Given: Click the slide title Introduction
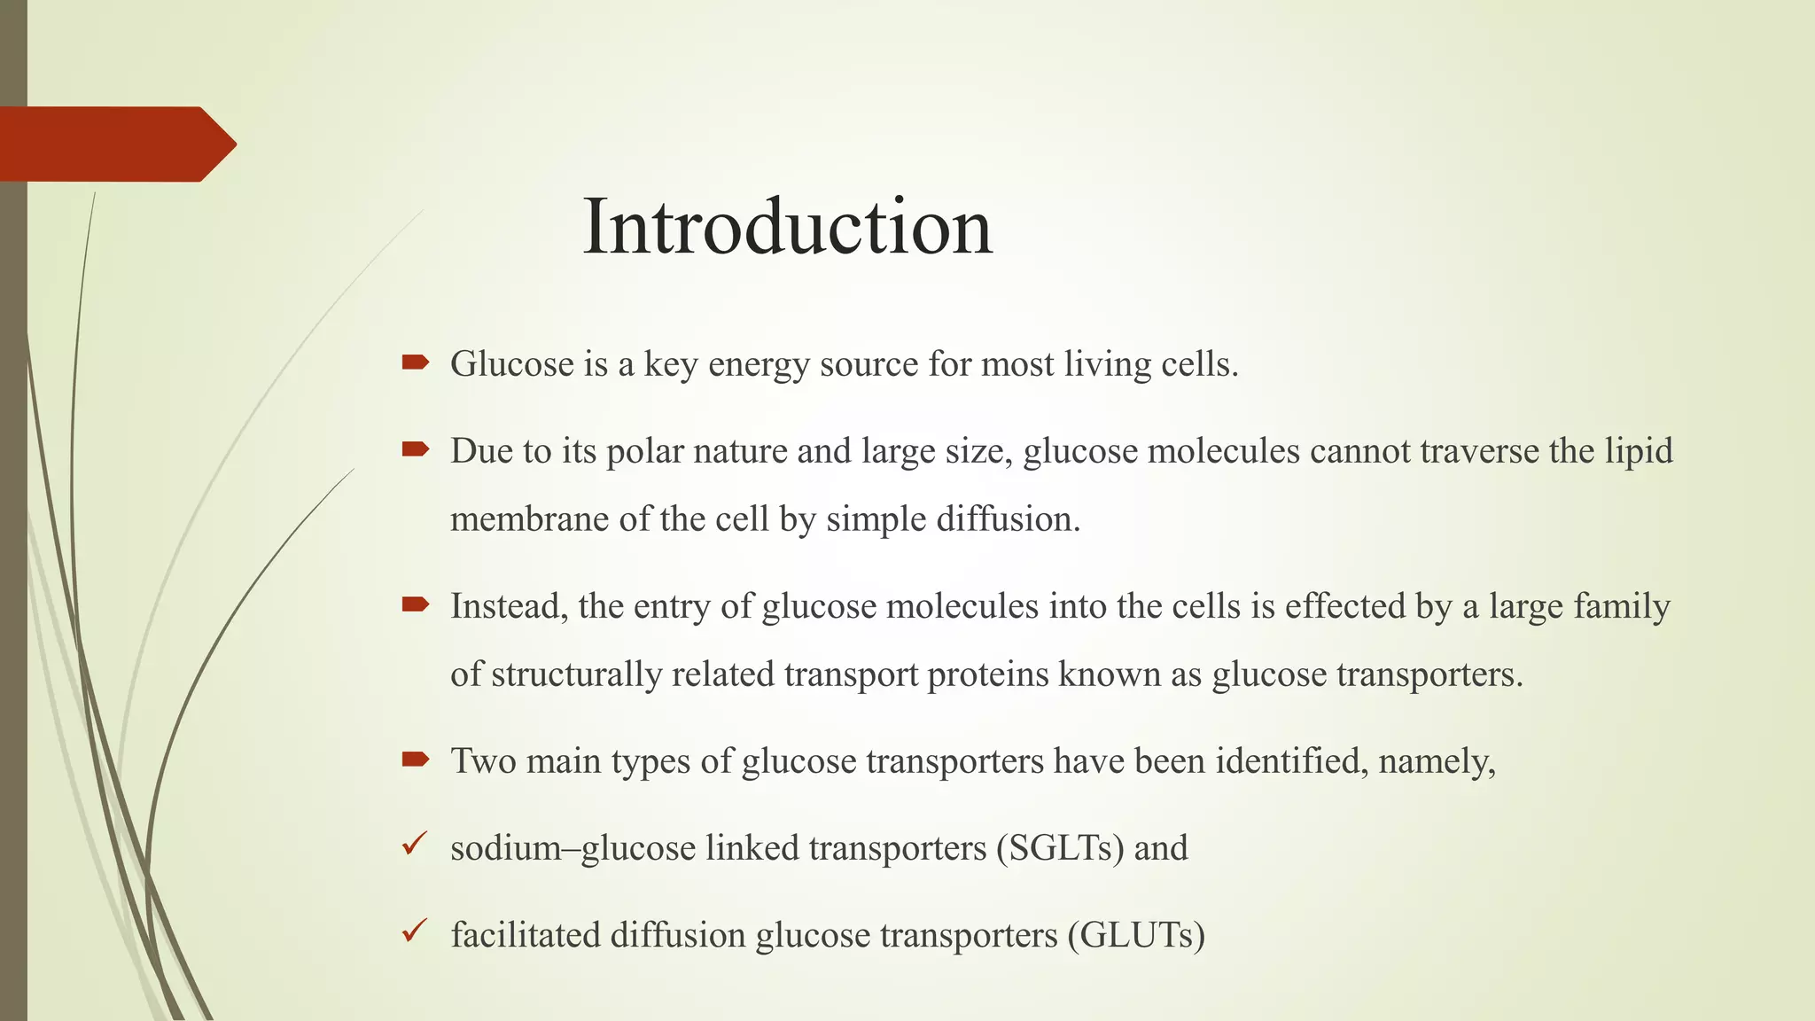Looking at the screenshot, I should (x=787, y=227).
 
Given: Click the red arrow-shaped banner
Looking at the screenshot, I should (x=115, y=144).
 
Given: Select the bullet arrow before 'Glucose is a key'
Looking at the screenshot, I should (x=415, y=362).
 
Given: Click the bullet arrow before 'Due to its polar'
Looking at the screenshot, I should (x=415, y=448).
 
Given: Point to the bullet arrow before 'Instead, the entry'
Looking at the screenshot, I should (x=415, y=604).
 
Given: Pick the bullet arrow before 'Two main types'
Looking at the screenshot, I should (x=415, y=759).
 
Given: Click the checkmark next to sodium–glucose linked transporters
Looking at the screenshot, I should (x=414, y=844).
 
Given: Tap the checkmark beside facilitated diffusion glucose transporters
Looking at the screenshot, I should (x=414, y=931).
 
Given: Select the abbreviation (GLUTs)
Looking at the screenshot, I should (x=1136, y=935).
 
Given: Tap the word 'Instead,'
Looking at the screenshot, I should (x=509, y=606).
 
